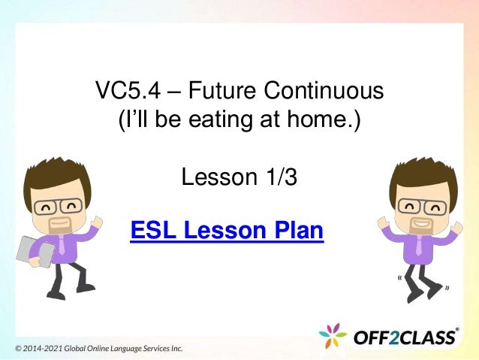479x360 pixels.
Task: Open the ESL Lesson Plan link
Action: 227,230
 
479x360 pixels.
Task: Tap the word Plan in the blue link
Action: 297,230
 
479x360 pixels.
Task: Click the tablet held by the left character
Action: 33,251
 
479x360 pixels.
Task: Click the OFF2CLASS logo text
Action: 405,337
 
